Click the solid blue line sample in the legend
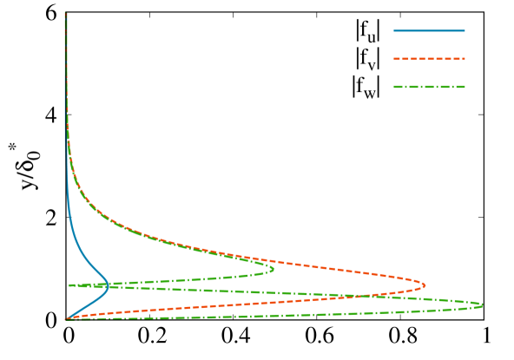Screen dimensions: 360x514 [x=429, y=31]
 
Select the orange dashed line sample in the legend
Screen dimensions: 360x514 [x=429, y=59]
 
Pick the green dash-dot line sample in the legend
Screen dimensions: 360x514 [x=429, y=87]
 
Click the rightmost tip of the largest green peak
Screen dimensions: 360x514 [x=482, y=304]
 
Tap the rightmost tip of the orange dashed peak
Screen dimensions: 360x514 [x=425, y=285]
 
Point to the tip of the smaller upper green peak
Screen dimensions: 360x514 [x=273, y=269]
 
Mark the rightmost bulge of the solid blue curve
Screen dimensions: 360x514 [x=109, y=286]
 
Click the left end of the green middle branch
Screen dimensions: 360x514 [x=70, y=285]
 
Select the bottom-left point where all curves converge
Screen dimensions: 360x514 [x=67, y=319]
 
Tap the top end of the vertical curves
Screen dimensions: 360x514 [x=66, y=13]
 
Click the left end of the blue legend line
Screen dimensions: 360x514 [x=394, y=31]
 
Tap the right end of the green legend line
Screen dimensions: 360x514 [x=465, y=87]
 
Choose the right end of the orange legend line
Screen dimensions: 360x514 [x=465, y=59]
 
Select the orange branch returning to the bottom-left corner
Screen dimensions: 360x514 [x=174, y=308]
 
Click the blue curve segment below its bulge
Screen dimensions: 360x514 [x=87, y=305]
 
